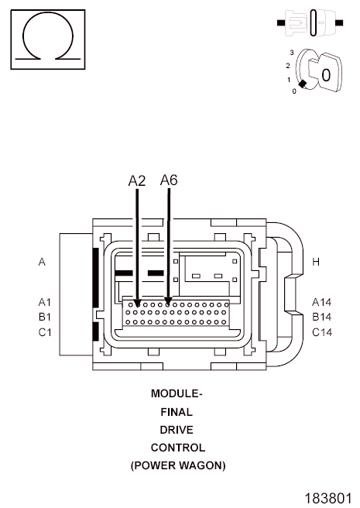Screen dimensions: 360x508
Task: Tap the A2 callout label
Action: tap(137, 180)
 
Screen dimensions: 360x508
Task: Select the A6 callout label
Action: tap(169, 180)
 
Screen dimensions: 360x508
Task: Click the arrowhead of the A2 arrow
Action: tap(137, 304)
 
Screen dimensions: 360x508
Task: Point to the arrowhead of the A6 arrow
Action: tap(168, 301)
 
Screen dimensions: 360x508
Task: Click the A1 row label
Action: tap(45, 302)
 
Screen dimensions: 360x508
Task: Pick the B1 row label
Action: tap(45, 317)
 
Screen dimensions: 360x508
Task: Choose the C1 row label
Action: tap(45, 332)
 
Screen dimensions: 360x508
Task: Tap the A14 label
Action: tap(322, 302)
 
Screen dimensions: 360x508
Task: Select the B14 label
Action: tap(322, 317)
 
